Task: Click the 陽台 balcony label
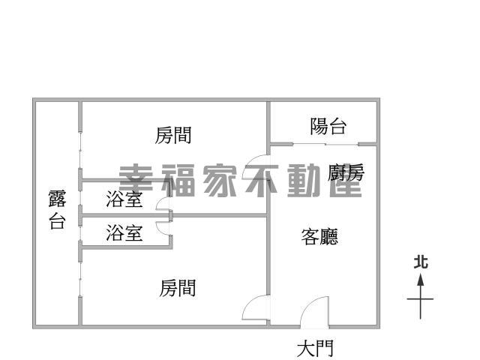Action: tap(328, 126)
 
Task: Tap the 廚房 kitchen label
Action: tap(346, 172)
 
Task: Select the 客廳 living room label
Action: tap(319, 237)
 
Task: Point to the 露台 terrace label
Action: tap(57, 210)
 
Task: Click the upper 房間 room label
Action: tap(173, 135)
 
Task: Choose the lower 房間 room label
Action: tap(178, 288)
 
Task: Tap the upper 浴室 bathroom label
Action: tap(124, 199)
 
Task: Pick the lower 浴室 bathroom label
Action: tap(124, 232)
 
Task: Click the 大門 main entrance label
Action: tap(315, 349)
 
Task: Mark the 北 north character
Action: tap(421, 262)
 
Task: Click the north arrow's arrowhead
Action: tap(421, 280)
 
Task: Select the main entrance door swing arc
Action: tap(310, 305)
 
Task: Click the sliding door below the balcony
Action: tap(325, 144)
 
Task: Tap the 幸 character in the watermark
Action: tap(136, 181)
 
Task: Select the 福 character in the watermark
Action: tap(178, 181)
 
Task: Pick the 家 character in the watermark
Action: tap(220, 181)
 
